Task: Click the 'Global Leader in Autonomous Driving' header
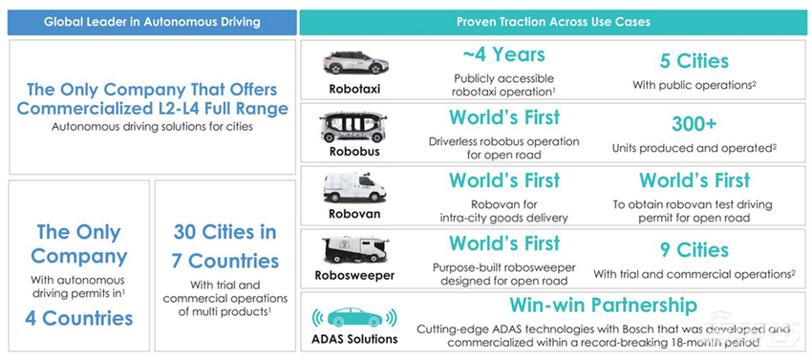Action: tap(152, 22)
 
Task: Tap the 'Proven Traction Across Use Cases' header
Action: tap(553, 22)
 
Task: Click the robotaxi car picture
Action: tap(355, 63)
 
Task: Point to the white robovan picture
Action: tap(355, 187)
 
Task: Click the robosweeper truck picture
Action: tap(355, 250)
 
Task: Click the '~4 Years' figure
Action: tap(503, 53)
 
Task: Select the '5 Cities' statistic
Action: tap(694, 61)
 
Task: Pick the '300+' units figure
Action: tap(694, 124)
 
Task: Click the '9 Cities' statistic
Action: tap(694, 250)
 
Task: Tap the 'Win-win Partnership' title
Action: tap(604, 305)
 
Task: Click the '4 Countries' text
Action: tap(78, 318)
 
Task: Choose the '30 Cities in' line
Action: tap(224, 232)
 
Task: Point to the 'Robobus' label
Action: tap(354, 152)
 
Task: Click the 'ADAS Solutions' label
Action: tap(354, 339)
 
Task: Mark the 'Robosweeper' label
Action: tap(354, 275)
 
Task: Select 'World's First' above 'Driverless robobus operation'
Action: tap(503, 117)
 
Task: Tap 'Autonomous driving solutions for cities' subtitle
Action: tap(152, 126)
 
